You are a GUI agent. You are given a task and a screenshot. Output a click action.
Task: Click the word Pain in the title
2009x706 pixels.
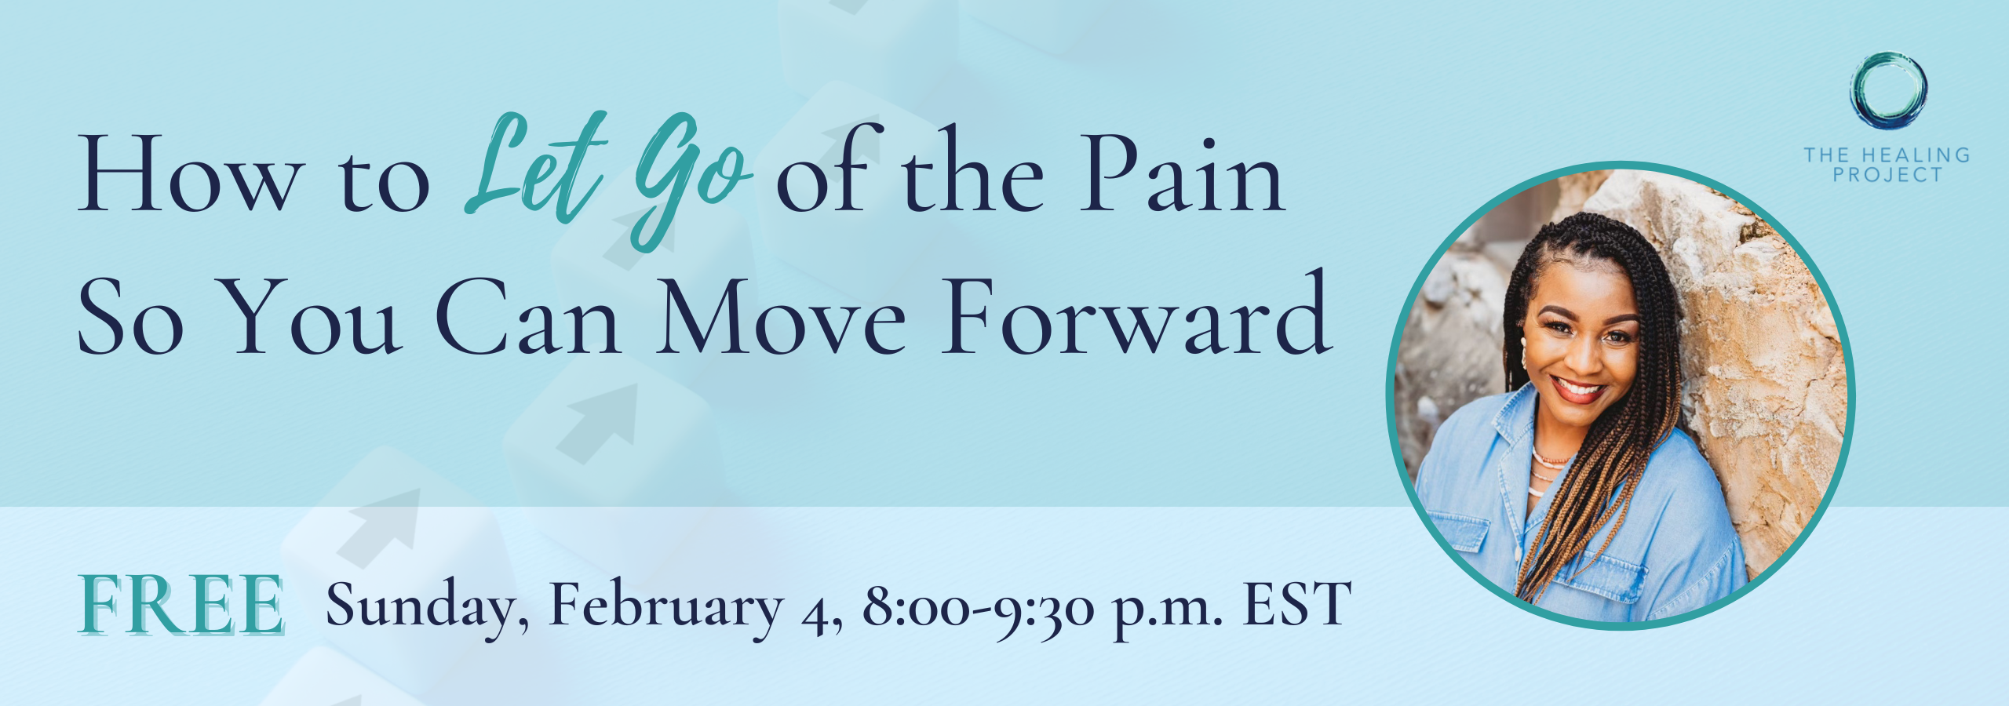[1182, 174]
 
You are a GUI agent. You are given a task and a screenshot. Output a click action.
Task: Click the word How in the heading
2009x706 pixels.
[189, 174]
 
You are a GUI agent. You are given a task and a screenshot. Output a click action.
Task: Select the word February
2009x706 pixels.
[667, 606]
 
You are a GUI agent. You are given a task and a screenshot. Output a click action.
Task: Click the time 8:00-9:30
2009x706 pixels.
[979, 606]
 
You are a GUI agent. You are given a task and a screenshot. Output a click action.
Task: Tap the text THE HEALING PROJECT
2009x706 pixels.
[1887, 165]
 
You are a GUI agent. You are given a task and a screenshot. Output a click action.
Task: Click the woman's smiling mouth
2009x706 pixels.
[1579, 389]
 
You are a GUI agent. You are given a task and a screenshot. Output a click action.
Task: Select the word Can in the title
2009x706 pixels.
[528, 317]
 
